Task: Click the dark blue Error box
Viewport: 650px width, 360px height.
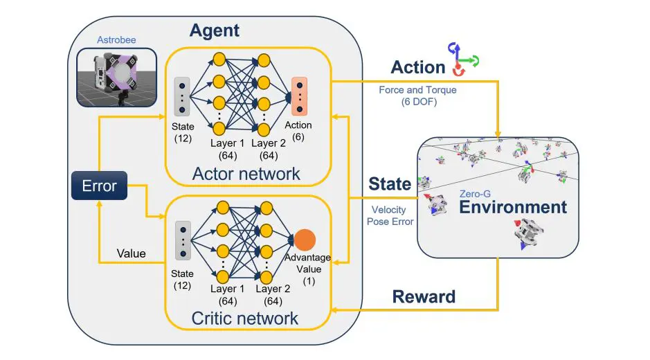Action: click(99, 186)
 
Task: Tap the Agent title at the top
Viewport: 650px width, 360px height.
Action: click(214, 30)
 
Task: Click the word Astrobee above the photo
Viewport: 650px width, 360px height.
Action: click(115, 40)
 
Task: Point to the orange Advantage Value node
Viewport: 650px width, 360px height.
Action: click(305, 240)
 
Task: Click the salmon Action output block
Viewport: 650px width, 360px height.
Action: click(299, 96)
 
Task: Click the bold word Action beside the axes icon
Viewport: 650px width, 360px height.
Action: click(417, 68)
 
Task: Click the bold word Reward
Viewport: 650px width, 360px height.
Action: click(424, 297)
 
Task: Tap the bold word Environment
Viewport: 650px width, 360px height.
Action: click(513, 207)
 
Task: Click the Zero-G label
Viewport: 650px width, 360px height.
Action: click(476, 195)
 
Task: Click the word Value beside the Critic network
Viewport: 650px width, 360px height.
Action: click(130, 253)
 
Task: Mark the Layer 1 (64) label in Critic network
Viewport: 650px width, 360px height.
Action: click(228, 294)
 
